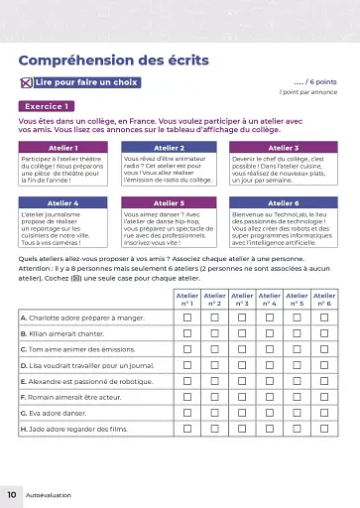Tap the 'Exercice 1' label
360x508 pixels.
coord(49,105)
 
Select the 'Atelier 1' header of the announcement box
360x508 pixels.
coord(63,147)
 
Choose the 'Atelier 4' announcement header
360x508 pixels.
coord(63,202)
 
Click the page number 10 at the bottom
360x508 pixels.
coord(11,493)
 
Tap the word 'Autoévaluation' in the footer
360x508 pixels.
coord(49,494)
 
